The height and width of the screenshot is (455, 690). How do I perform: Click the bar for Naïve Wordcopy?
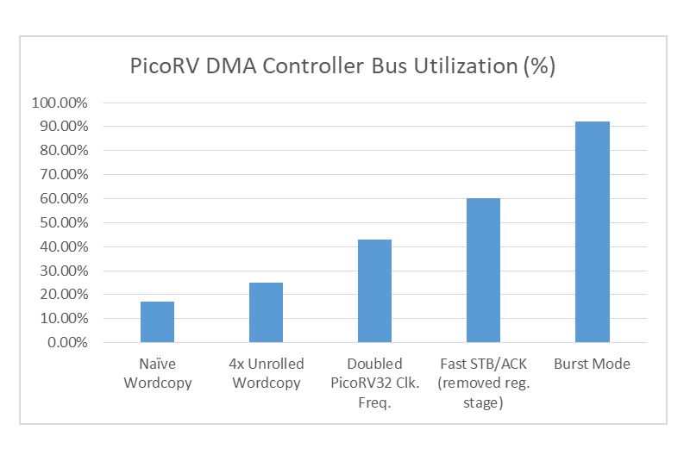point(157,321)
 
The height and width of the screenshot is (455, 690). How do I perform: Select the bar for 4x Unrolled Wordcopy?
point(266,312)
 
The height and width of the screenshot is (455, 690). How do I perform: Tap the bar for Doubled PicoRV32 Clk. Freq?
point(374,290)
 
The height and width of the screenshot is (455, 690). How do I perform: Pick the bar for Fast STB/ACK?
point(483,270)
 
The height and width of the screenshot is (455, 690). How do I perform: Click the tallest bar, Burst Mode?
point(592,232)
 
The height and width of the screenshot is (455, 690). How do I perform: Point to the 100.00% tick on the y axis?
point(60,103)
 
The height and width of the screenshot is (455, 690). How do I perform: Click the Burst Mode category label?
point(592,364)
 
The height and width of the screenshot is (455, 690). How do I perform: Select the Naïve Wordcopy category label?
point(157,372)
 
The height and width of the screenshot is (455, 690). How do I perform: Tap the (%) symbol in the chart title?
point(539,67)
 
